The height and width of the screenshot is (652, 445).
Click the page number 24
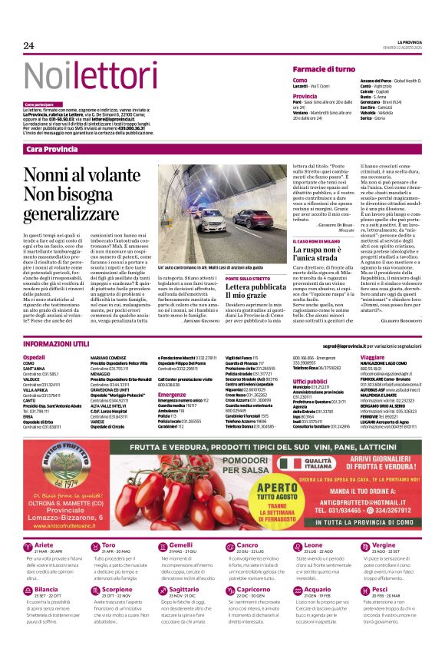click(x=29, y=45)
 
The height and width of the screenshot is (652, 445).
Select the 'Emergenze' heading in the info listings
click(x=172, y=395)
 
